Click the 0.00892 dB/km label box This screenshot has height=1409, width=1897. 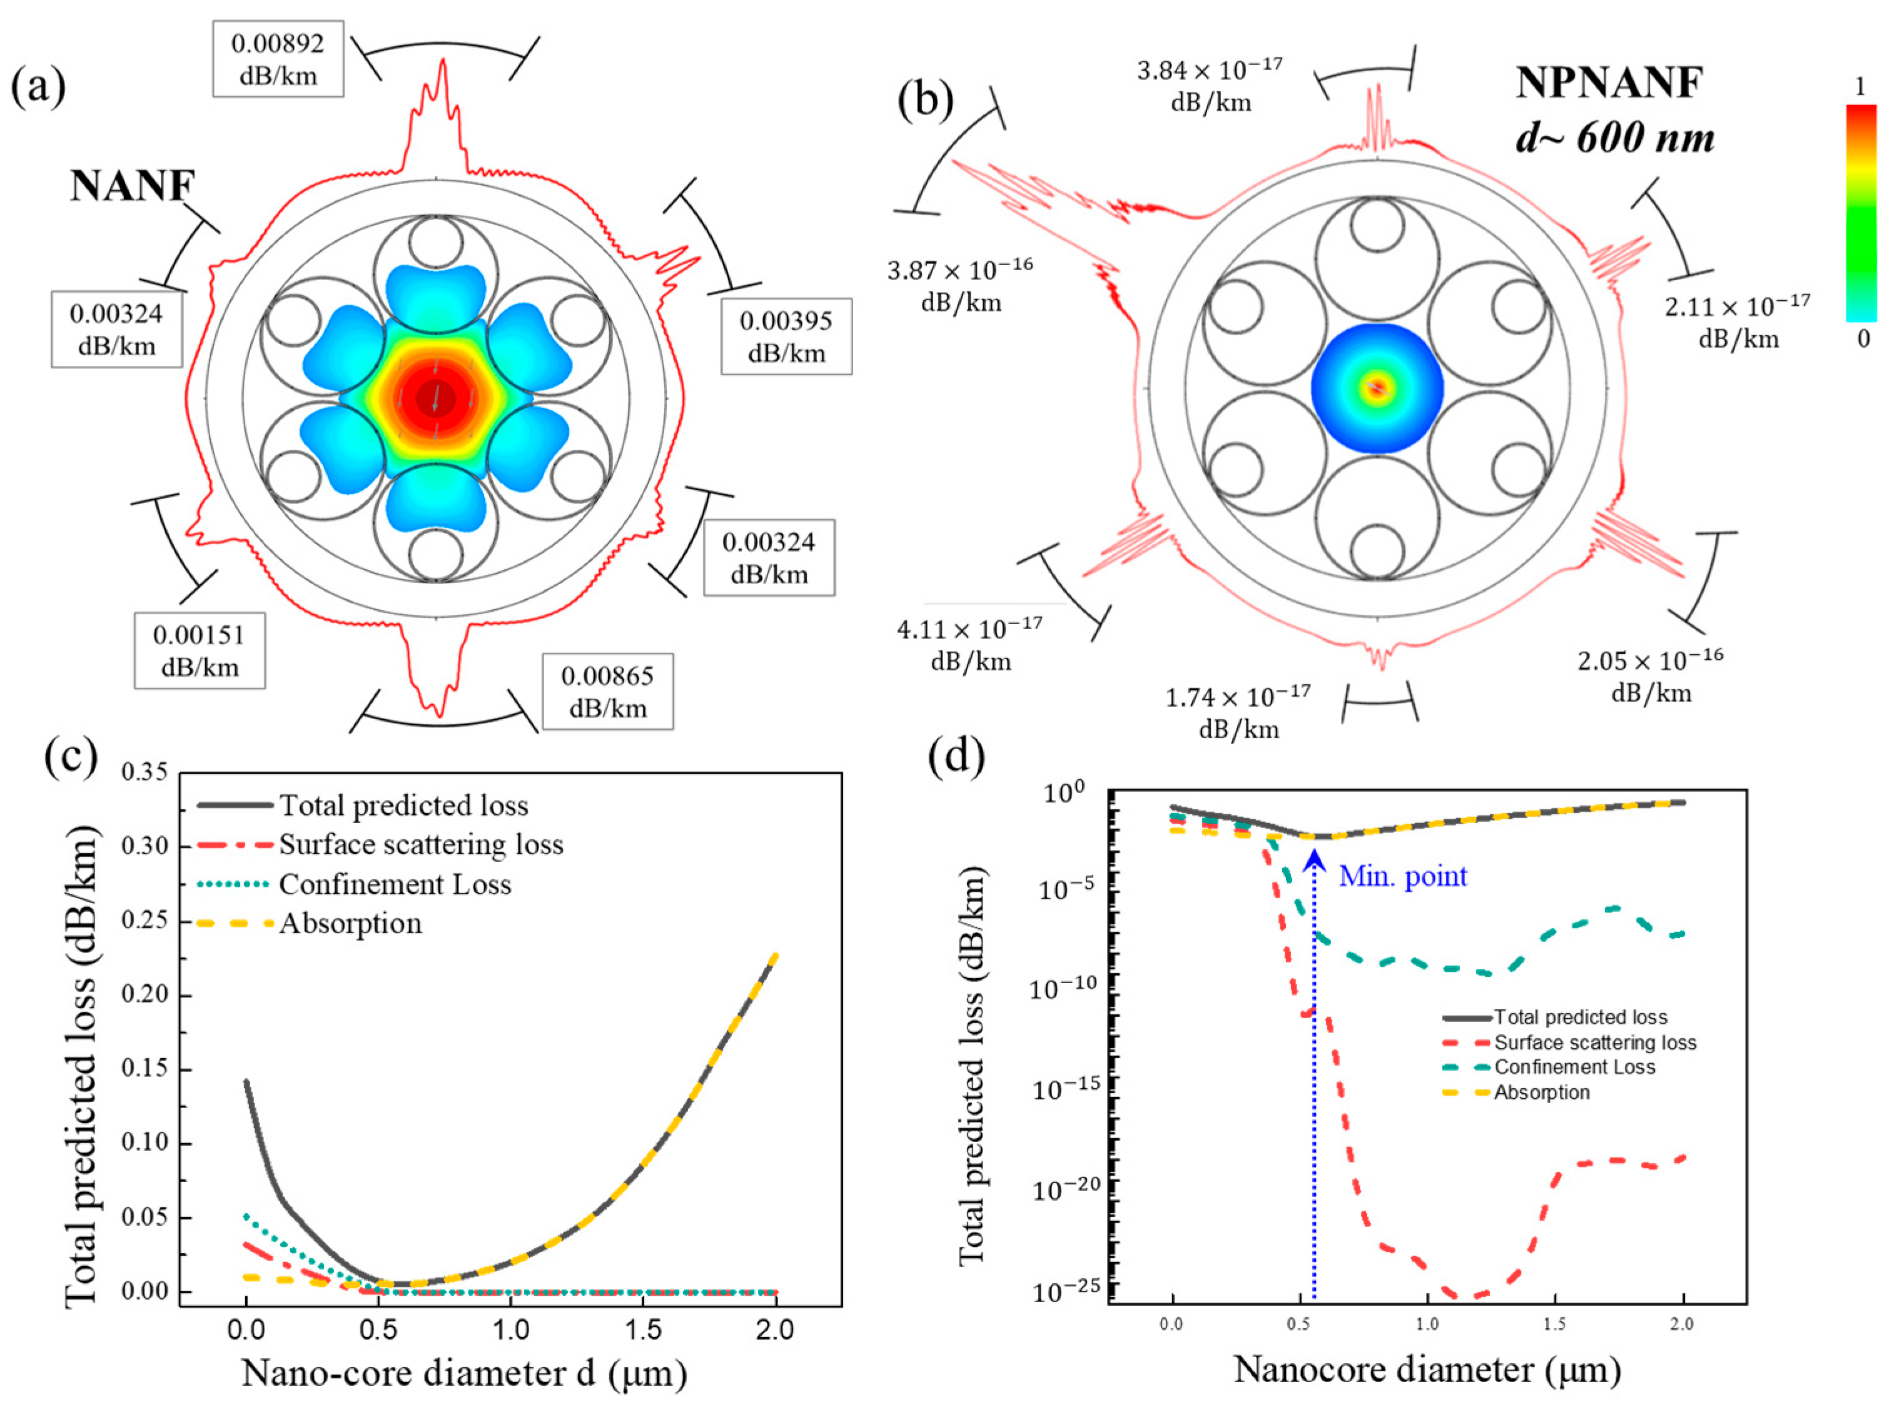click(278, 59)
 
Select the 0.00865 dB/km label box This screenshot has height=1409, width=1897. click(607, 692)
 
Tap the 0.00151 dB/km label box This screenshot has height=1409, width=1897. click(200, 651)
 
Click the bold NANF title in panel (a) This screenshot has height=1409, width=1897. click(133, 185)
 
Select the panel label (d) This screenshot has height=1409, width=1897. click(956, 755)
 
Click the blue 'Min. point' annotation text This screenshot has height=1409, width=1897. click(1402, 876)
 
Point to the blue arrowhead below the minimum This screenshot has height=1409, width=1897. click(1315, 862)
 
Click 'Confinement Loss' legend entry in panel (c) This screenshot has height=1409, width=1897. click(395, 884)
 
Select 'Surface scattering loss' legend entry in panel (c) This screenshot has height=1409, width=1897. click(422, 844)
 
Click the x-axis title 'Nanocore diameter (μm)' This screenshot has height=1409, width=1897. click(1427, 1370)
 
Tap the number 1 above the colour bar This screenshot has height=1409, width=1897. click(1860, 87)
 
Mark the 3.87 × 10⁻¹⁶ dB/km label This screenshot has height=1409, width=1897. click(961, 286)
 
